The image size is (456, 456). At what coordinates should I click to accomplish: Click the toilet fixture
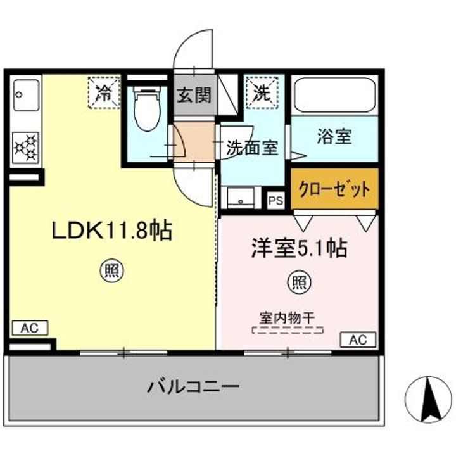click(148, 109)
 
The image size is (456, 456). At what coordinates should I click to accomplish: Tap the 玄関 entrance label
click(194, 95)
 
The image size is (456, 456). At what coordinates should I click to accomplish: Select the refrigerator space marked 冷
click(104, 92)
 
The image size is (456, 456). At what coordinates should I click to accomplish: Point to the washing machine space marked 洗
click(262, 92)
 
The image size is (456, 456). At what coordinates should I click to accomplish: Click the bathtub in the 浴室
click(335, 96)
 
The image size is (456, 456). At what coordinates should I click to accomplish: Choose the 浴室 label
click(334, 136)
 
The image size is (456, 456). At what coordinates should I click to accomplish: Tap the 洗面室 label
click(253, 148)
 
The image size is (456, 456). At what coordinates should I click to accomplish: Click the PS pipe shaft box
click(275, 200)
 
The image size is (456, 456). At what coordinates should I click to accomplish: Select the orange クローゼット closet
click(335, 189)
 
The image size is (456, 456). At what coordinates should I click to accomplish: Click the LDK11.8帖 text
click(111, 231)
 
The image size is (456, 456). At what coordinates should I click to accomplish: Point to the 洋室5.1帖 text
click(299, 249)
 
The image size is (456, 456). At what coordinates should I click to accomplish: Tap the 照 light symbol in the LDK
click(112, 272)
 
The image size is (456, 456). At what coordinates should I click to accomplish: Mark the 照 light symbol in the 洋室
click(299, 282)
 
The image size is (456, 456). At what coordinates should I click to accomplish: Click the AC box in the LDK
click(30, 328)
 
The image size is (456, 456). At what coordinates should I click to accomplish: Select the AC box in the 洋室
click(358, 339)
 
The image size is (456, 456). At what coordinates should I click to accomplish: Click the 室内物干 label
click(288, 318)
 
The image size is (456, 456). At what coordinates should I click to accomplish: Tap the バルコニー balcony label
click(193, 387)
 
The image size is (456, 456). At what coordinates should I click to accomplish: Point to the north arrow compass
click(428, 400)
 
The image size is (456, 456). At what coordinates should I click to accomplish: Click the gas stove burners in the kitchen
click(25, 148)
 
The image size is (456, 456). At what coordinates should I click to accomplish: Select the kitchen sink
click(26, 95)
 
